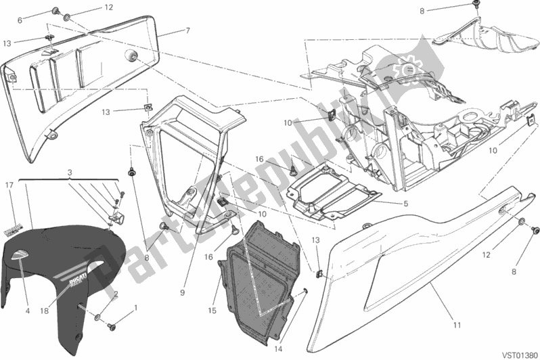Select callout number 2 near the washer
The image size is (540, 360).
coord(116,294)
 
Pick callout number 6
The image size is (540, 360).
coord(19,20)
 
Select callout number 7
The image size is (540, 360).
coord(187,30)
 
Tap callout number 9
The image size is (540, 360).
coord(182,292)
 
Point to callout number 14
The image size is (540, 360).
coord(277,349)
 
